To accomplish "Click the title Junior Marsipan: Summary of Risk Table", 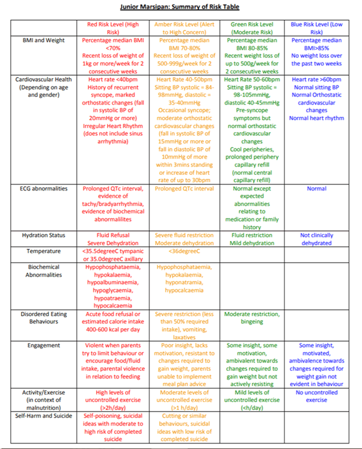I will (x=180, y=7).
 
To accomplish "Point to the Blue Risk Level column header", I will (x=317, y=28).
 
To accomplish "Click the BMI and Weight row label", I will (x=43, y=40).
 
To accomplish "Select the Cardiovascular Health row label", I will (x=43, y=87).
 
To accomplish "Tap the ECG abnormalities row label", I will (x=43, y=188).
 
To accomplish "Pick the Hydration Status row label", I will (x=43, y=235).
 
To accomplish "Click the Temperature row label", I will (x=43, y=251).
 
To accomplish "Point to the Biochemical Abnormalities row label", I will (x=43, y=270).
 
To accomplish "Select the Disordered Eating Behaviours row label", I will (x=43, y=318).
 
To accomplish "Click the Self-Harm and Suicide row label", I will (x=43, y=415).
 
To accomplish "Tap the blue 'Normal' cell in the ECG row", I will (x=317, y=188).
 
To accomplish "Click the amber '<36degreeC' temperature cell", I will (x=184, y=251).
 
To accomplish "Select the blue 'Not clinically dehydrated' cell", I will (x=317, y=239).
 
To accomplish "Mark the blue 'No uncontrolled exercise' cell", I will (x=317, y=396).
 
